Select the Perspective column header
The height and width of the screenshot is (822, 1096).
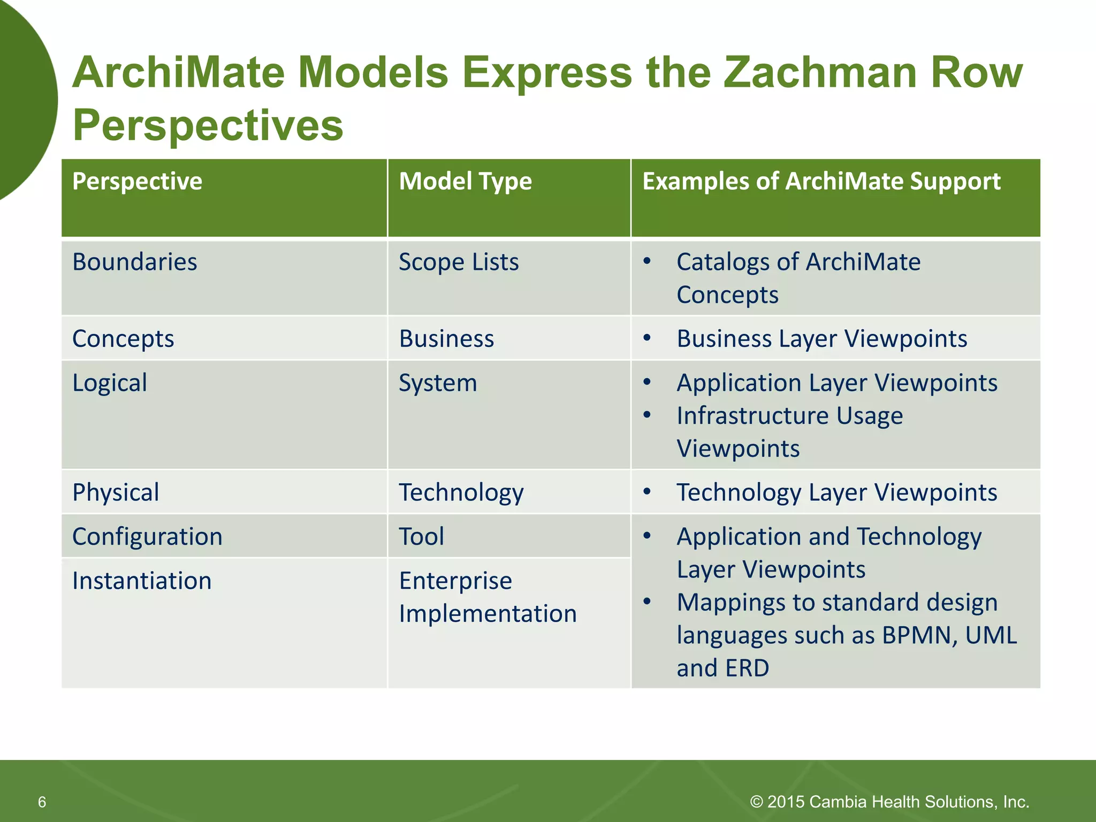pyautogui.click(x=138, y=181)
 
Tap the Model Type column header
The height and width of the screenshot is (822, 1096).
pyautogui.click(x=465, y=181)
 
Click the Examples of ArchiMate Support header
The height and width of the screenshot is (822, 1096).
pyautogui.click(x=821, y=181)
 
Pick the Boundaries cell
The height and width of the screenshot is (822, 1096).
pyautogui.click(x=135, y=262)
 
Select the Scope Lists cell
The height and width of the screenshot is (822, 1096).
pyautogui.click(x=459, y=262)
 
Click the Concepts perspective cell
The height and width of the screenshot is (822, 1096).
pyautogui.click(x=123, y=339)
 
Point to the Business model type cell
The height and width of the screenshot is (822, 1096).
pyautogui.click(x=446, y=339)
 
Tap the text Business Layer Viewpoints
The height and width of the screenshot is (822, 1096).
pyautogui.click(x=821, y=339)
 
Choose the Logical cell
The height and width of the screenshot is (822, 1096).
pyautogui.click(x=110, y=383)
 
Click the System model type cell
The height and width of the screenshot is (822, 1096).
pyautogui.click(x=438, y=383)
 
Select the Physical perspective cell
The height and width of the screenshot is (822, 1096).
pyautogui.click(x=116, y=492)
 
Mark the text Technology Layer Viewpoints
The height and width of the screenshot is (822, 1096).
pyautogui.click(x=836, y=492)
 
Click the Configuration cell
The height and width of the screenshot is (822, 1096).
pyautogui.click(x=147, y=537)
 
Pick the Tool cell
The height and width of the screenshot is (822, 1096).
pyautogui.click(x=422, y=537)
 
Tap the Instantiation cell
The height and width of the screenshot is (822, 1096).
pyautogui.click(x=142, y=581)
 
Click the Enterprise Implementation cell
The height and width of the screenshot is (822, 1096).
pyautogui.click(x=488, y=597)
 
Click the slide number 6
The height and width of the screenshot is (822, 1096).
pyautogui.click(x=42, y=802)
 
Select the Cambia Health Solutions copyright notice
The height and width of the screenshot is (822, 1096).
pyautogui.click(x=889, y=802)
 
